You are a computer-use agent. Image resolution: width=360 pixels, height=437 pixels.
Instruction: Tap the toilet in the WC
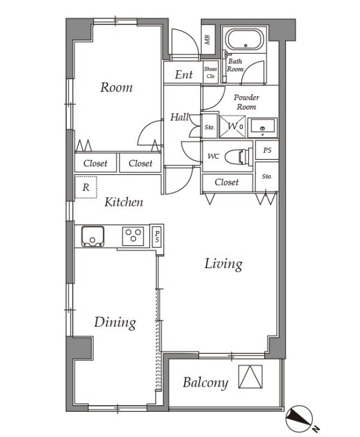[239, 157]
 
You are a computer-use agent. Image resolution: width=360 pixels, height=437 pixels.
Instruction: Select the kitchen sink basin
[93, 236]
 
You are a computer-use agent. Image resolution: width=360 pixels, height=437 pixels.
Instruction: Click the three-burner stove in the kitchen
[133, 236]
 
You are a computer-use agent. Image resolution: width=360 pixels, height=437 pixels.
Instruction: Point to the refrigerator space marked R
[86, 187]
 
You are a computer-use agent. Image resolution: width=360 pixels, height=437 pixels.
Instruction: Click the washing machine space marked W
[233, 127]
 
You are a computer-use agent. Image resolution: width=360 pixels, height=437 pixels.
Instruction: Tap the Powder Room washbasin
[263, 128]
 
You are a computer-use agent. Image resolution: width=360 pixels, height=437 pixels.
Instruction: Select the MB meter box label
[208, 40]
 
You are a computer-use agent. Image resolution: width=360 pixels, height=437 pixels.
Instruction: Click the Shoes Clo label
[210, 72]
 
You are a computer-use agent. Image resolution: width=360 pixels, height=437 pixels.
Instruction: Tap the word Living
[223, 264]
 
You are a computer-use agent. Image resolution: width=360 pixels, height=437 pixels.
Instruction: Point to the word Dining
[115, 323]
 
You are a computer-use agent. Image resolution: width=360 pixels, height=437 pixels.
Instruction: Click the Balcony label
[206, 383]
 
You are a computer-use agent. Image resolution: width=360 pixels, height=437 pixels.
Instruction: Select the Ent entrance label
[184, 75]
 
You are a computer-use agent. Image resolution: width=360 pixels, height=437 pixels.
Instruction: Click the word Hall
[179, 117]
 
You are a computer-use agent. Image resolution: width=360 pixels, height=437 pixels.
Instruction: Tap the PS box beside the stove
[157, 236]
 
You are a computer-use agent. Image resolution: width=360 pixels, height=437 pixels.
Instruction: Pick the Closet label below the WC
[227, 182]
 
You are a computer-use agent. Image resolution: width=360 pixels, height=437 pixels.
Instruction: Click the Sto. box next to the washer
[209, 126]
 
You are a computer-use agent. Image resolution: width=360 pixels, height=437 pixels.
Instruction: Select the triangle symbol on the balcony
[251, 377]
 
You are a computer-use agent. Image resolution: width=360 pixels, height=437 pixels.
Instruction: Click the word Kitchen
[124, 202]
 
